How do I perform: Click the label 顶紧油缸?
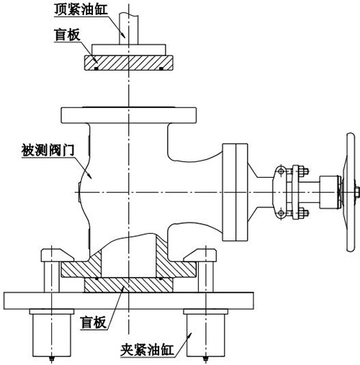point(81,9)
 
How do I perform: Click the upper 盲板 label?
point(67,35)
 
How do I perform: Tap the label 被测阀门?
point(48,150)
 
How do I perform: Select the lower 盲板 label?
point(94,323)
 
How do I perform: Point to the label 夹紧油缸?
point(147,350)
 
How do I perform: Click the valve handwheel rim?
point(351,192)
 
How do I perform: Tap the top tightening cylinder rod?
point(129,28)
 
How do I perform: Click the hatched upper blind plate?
point(129,63)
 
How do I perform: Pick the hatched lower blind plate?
point(129,285)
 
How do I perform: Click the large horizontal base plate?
point(129,301)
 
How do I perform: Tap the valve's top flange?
point(129,115)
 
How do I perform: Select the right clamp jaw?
point(200,256)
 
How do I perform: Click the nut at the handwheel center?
point(357,192)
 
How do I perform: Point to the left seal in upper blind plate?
point(96,68)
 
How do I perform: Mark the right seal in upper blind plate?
point(161,68)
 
